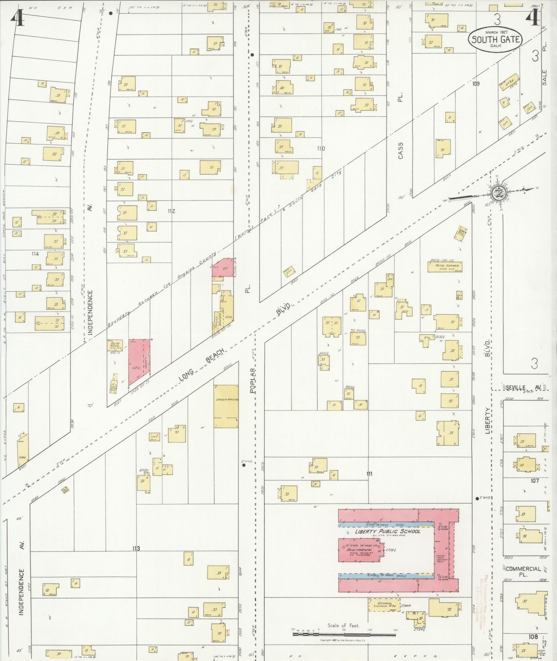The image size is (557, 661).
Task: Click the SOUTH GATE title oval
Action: pos(495,39)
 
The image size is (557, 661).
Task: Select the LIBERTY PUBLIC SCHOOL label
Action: pos(387,531)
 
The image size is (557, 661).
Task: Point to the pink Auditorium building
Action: pos(359,550)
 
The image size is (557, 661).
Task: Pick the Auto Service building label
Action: pos(445,267)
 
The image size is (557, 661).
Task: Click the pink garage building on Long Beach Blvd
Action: pos(140,361)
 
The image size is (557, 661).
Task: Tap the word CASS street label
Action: pos(400,151)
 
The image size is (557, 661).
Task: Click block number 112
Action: pos(171,211)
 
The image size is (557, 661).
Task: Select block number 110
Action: pos(321,149)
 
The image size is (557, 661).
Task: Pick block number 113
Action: pos(136,548)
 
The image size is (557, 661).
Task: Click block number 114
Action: pos(35,254)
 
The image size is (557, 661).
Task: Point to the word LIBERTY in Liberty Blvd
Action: pos(488,420)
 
